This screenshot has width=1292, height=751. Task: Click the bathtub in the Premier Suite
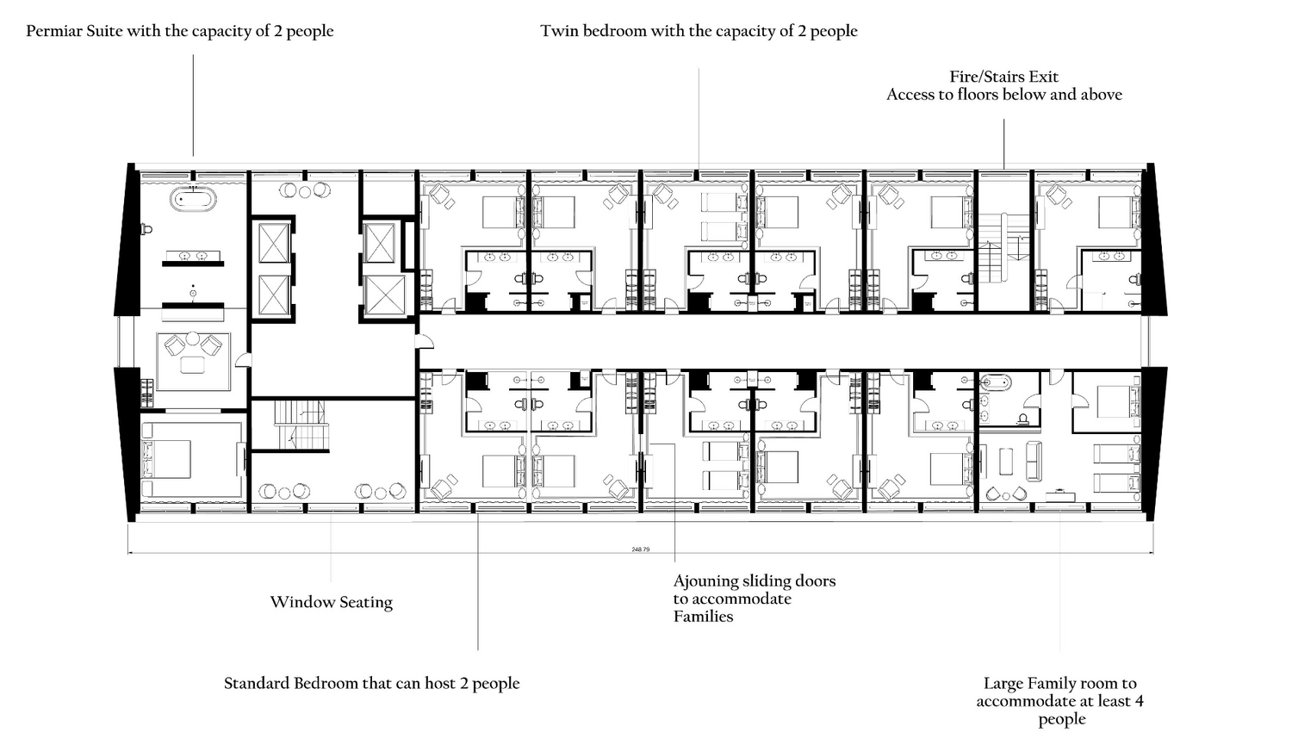[194, 200]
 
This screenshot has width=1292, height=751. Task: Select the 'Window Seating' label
[331, 602]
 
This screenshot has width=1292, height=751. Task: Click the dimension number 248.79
[640, 549]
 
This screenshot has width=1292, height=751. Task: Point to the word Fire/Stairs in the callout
[978, 77]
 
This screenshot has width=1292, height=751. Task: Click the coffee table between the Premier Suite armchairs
[192, 364]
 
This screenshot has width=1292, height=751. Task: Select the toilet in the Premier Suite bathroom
[146, 229]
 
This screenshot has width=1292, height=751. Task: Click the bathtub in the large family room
[995, 382]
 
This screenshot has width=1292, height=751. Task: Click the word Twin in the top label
[560, 30]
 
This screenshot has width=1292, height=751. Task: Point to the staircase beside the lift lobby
[301, 425]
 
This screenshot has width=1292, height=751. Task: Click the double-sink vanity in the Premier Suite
[193, 256]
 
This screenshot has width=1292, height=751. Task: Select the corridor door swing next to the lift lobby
[425, 341]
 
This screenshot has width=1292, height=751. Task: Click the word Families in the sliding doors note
[703, 617]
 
